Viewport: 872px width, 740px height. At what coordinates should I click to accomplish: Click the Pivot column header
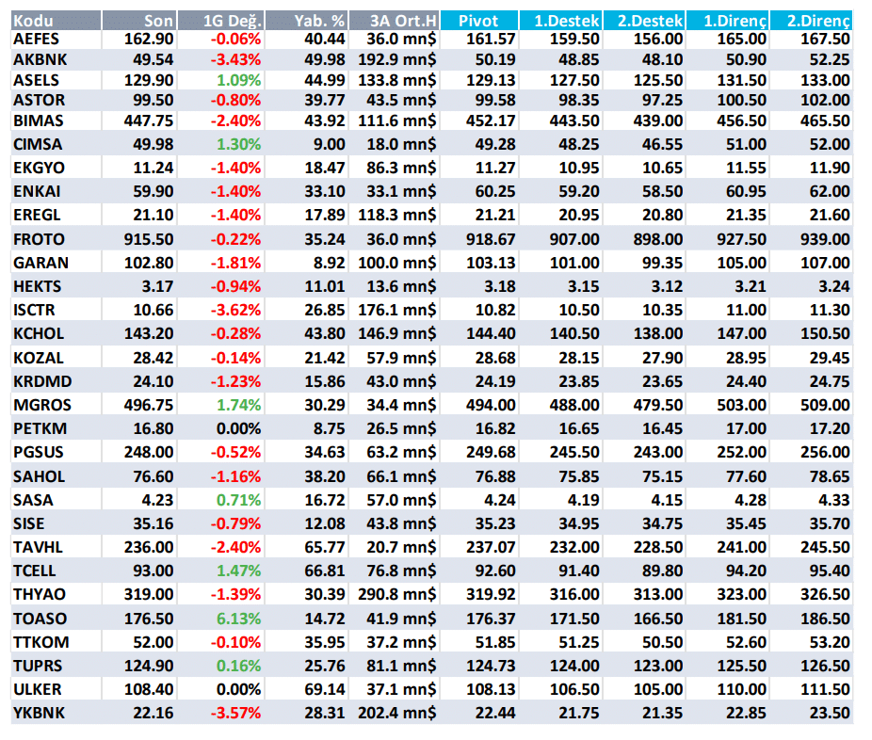tap(477, 21)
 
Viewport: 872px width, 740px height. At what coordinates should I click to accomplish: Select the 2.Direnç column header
tap(818, 21)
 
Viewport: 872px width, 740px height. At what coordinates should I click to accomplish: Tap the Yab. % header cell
tap(319, 21)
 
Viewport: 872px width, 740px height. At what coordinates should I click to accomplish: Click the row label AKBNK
tap(40, 59)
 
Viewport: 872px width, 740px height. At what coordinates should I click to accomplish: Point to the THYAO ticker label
tap(40, 594)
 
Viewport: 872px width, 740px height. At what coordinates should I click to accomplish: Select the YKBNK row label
tap(39, 713)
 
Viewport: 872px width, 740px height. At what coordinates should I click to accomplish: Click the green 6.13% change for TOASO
tap(238, 619)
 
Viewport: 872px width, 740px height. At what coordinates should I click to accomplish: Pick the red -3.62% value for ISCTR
tap(235, 310)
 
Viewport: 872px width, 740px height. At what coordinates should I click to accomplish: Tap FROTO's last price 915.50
tap(149, 239)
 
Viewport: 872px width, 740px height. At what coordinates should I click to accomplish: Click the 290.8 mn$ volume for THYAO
tap(397, 594)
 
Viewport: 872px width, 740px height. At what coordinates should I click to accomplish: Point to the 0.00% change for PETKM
tap(238, 428)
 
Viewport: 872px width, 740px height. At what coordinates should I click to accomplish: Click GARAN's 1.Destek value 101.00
tap(574, 263)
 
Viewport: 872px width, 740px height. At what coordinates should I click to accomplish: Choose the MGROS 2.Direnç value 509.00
tap(825, 405)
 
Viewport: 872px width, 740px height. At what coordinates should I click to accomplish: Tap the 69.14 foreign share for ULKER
tap(325, 689)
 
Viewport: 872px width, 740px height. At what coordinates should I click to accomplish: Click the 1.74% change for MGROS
tap(238, 405)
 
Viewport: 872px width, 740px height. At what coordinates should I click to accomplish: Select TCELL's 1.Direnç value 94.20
tap(746, 571)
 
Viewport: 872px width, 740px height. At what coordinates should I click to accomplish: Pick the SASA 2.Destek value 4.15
tap(667, 500)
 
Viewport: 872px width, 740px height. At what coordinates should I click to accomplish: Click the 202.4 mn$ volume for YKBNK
tap(397, 713)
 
